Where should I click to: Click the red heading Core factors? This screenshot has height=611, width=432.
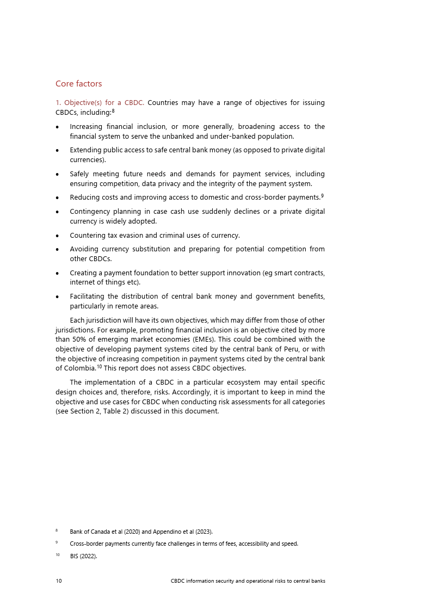pos(78,84)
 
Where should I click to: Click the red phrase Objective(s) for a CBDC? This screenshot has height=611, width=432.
pos(100,103)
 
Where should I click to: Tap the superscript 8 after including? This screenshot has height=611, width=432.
pos(113,111)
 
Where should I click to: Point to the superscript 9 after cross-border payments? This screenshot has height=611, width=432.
pos(322,196)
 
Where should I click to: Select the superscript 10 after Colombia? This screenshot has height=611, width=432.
pos(100,367)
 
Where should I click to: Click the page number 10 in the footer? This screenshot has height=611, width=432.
pos(59,581)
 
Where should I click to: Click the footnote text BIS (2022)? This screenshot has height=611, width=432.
pos(83,556)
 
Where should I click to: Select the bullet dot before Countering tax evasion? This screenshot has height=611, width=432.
pos(58,236)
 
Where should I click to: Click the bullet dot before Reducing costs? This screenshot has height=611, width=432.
pos(58,198)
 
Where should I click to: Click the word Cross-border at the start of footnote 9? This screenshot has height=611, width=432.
pos(87,544)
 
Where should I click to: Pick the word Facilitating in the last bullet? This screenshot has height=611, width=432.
pos(87,297)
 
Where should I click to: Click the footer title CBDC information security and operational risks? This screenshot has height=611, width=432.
pos(248,581)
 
